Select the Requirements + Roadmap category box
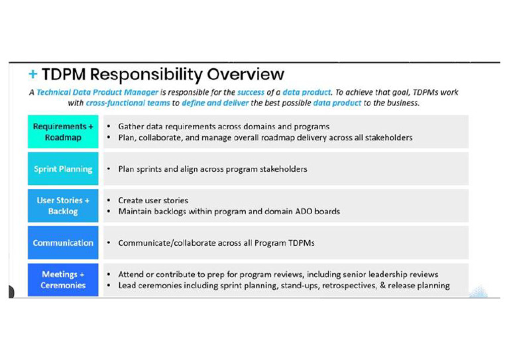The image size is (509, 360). click(x=63, y=132)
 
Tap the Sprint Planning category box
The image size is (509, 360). click(x=63, y=169)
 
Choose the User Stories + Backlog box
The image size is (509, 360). click(x=63, y=206)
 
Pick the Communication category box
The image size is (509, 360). click(x=63, y=243)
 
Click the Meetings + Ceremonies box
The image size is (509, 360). click(x=63, y=280)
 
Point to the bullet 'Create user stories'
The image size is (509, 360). click(x=153, y=200)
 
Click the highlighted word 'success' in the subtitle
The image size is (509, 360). click(x=251, y=93)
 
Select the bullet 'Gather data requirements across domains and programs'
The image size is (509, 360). click(x=223, y=127)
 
